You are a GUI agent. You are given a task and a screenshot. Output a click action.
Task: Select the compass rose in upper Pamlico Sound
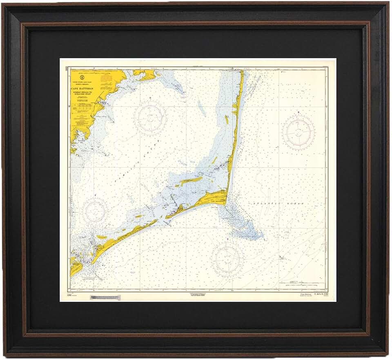tap(151, 118)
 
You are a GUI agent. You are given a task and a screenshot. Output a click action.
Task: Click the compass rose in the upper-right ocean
tap(299, 132)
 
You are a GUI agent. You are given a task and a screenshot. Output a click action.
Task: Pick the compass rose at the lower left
tap(96, 211)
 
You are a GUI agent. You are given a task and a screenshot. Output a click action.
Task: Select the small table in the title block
tap(83, 107)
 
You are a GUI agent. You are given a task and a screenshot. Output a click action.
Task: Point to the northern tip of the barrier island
tap(242, 72)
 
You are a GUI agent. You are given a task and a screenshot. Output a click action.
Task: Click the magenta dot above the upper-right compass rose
tap(298, 112)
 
